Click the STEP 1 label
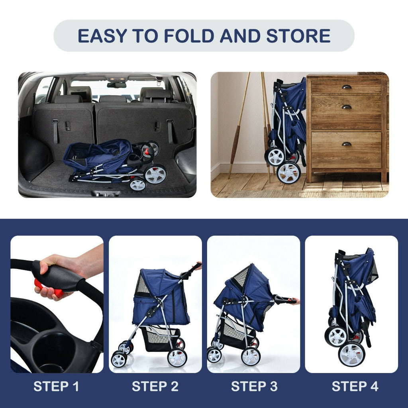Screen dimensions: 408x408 pos(56,386)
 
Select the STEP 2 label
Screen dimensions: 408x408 pos(155,386)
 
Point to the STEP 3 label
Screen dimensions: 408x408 pos(254,386)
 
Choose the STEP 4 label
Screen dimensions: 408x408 pos(355,386)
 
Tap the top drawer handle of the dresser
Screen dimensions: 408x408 pos(346,87)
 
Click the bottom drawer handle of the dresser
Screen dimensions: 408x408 pos(346,144)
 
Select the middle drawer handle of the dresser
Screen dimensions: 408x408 pos(346,107)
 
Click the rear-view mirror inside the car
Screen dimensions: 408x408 pos(117,85)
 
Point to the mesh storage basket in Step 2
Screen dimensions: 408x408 pos(159,339)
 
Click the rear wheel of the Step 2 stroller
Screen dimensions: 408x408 pos(177,357)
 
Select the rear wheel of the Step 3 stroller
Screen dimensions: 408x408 pos(251,356)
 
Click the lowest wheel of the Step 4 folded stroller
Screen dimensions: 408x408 pos(351,353)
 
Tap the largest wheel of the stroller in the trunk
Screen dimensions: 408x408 pos(155,174)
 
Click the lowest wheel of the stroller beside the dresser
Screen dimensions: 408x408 pos(288,173)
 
